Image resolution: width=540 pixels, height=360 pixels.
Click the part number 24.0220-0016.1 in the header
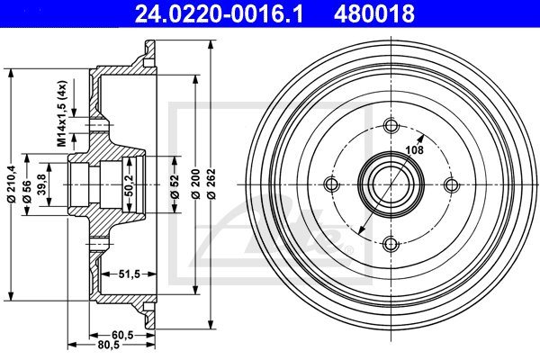[219, 13]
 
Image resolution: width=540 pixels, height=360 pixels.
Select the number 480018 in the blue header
[374, 13]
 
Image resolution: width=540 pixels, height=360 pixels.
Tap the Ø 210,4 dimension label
[12, 184]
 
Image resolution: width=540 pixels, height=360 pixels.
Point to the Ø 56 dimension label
[27, 192]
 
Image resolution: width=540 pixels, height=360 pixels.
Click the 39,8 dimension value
[42, 184]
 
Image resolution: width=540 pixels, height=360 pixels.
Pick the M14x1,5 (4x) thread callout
[61, 113]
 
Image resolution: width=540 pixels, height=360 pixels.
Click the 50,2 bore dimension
[129, 185]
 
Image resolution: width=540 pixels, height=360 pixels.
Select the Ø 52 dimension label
[175, 186]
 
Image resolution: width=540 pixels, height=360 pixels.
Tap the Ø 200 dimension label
[195, 184]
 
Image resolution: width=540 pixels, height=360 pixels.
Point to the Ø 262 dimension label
[211, 184]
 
